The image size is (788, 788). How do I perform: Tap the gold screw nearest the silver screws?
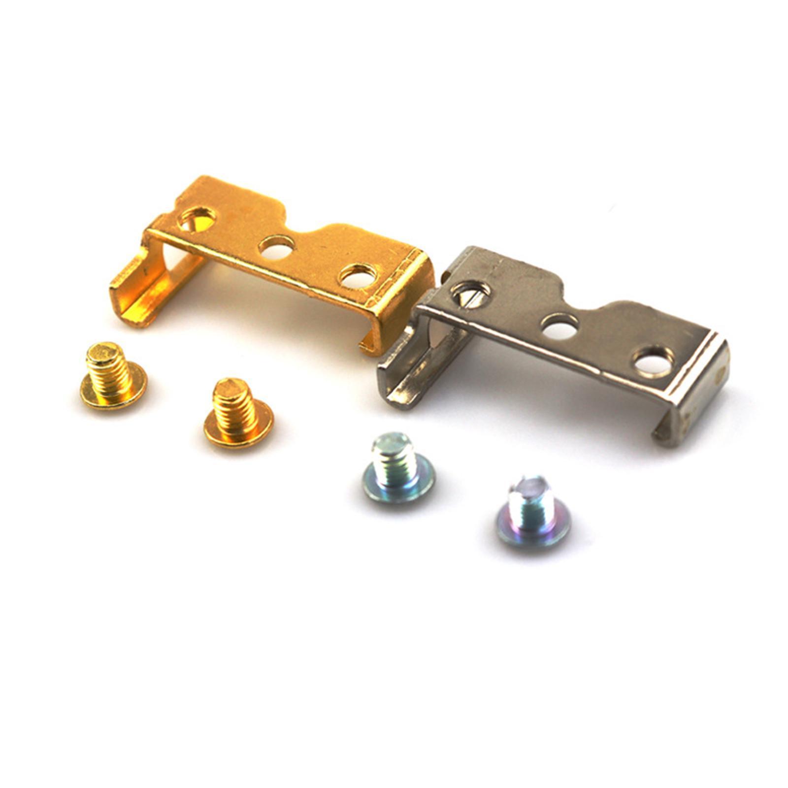[x=238, y=413]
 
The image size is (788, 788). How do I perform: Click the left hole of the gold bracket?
[x=197, y=220]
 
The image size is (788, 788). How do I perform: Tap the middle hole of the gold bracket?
[x=276, y=247]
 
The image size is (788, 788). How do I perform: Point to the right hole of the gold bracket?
[x=359, y=276]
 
